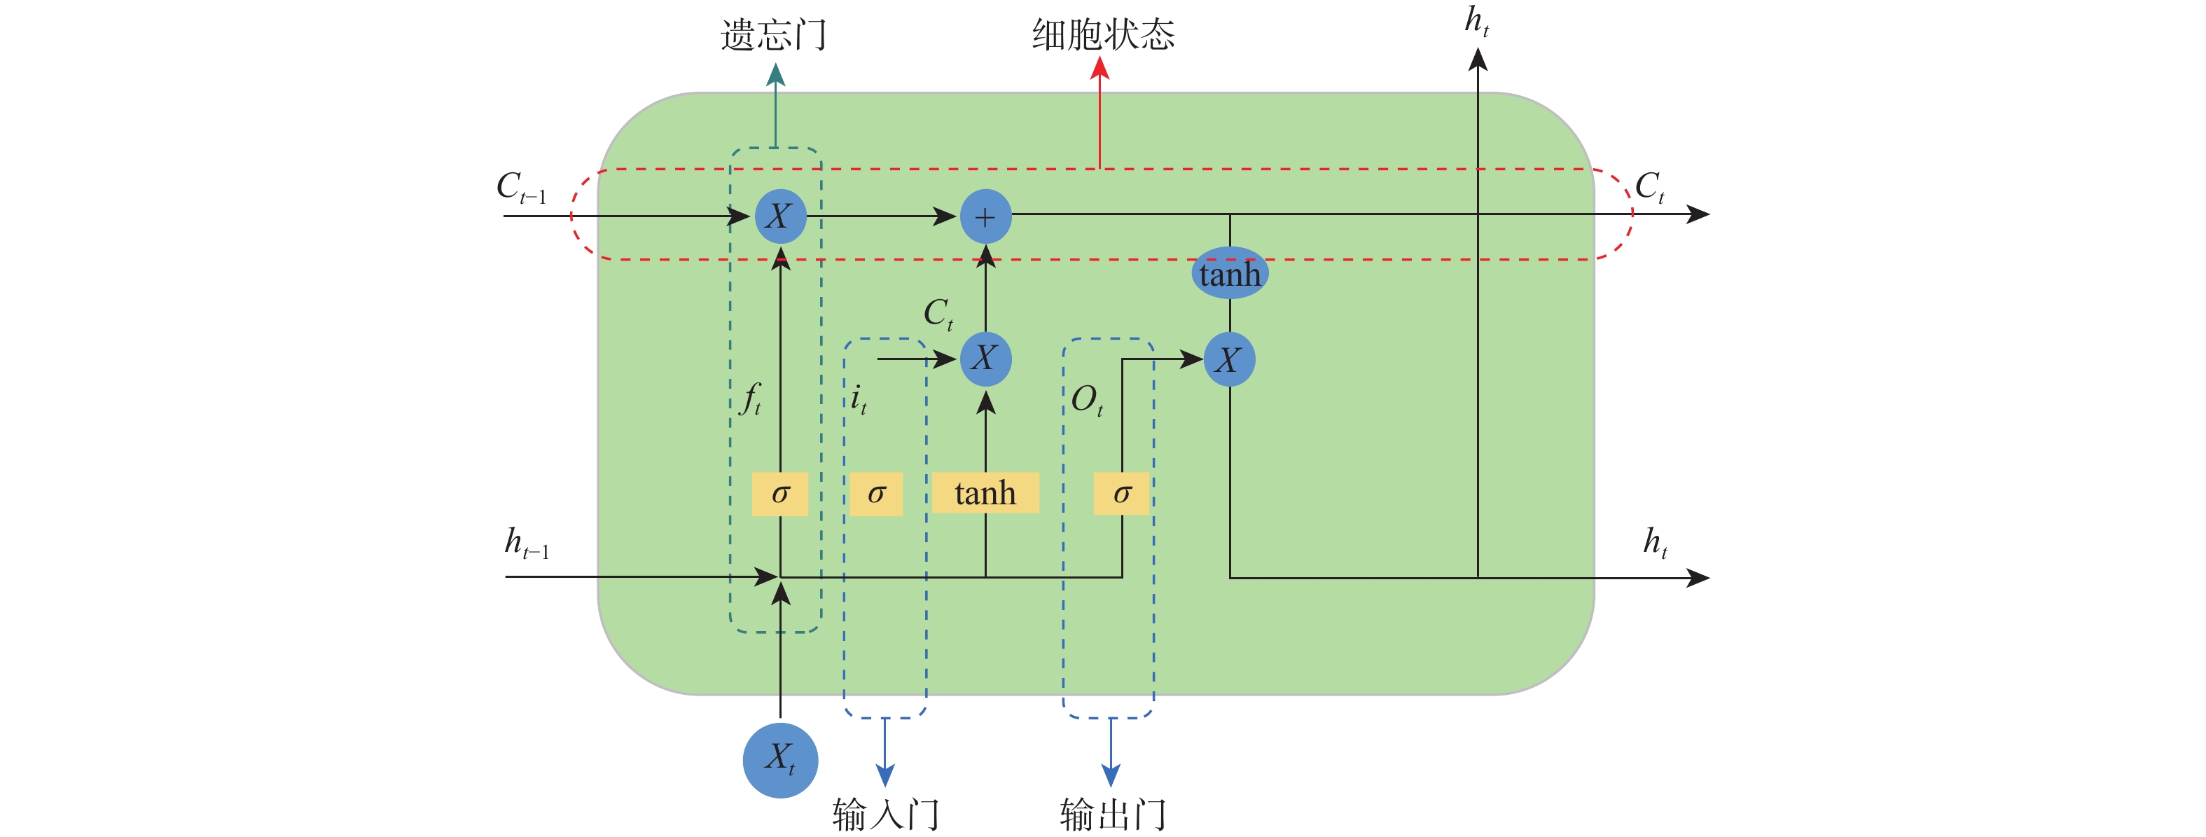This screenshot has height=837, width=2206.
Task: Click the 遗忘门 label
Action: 773,36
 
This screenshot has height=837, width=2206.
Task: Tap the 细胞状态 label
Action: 1103,35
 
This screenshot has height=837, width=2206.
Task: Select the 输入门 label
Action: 885,813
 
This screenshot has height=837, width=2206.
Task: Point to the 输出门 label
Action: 1112,813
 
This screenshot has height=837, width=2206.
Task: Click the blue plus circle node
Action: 985,216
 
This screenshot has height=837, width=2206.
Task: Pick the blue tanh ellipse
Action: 1230,273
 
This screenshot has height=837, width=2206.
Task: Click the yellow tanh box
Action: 985,494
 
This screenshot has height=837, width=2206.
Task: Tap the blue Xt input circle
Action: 780,760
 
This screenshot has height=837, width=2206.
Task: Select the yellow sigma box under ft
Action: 780,494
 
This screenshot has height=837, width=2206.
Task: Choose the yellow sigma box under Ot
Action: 1122,494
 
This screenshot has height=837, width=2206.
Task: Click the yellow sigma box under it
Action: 876,494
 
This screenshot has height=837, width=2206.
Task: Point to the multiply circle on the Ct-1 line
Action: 780,216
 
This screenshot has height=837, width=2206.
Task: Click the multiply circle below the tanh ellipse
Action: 1230,360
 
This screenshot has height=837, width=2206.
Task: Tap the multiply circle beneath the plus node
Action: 985,358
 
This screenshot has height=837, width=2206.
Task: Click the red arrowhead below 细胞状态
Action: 1099,69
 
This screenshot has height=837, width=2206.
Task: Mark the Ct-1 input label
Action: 520,187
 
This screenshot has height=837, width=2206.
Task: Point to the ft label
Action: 751,399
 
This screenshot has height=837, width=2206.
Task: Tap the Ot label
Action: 1087,400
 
